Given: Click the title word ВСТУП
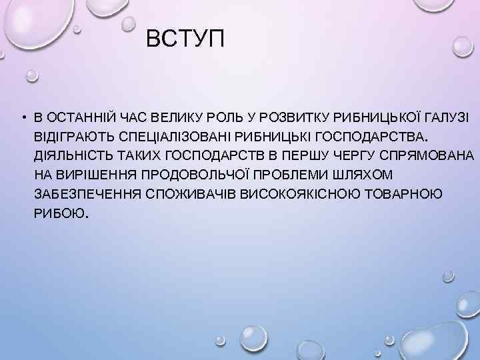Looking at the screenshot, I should point(186,41).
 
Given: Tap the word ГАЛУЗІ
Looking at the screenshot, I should point(445,118).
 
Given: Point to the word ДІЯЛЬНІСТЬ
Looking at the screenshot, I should point(70,155).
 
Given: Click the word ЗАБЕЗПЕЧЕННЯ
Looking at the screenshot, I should point(83,193).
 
